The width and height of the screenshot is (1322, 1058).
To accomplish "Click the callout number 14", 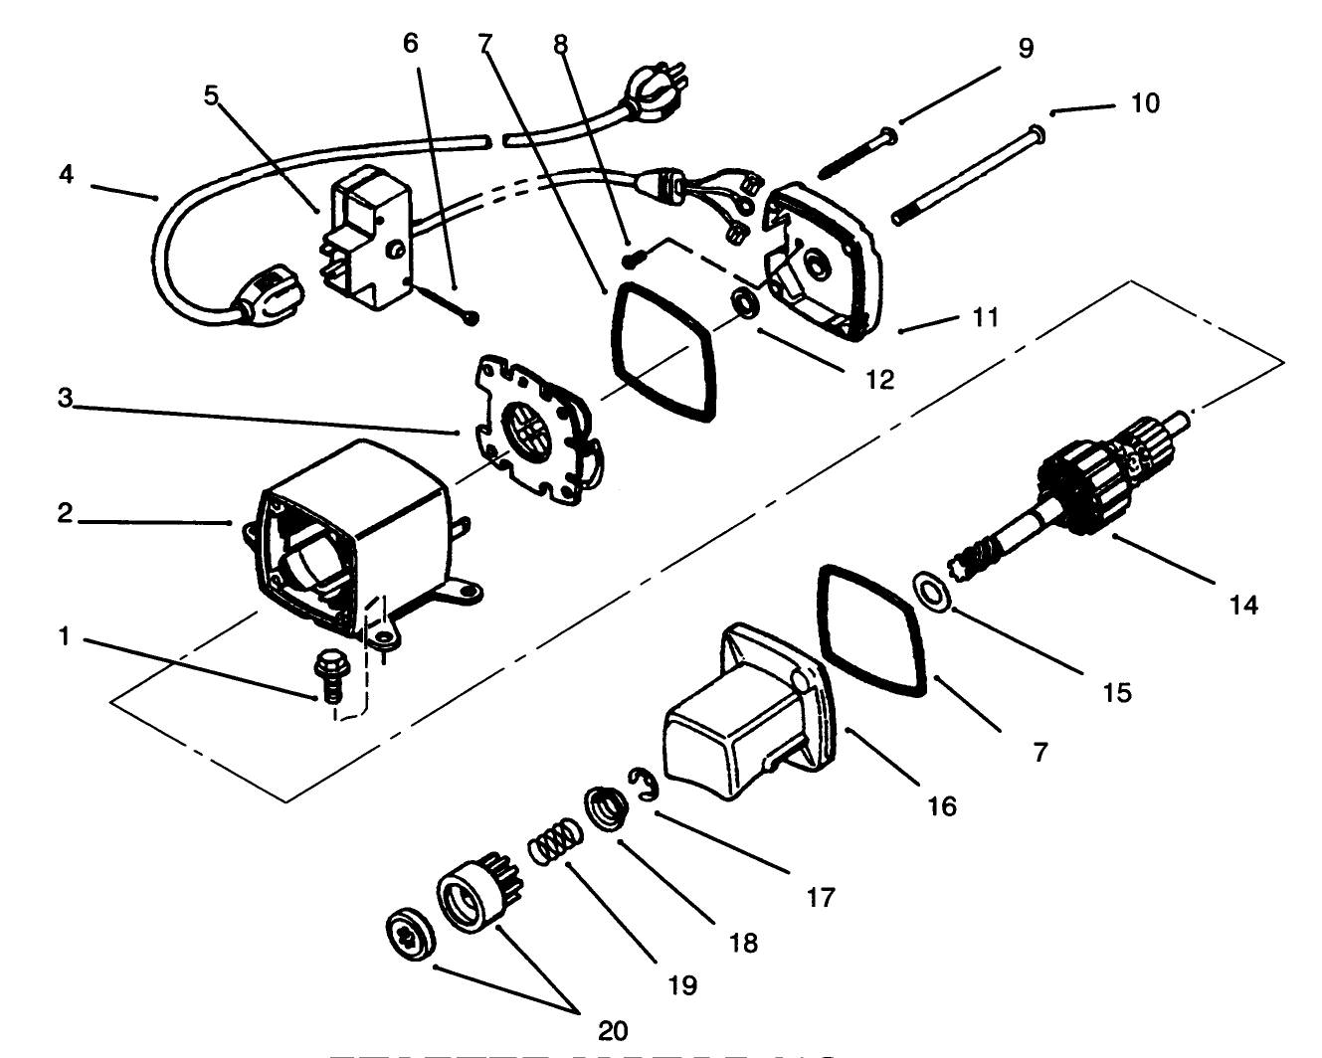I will coord(1243,604).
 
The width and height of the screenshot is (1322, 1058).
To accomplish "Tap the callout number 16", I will coord(941,805).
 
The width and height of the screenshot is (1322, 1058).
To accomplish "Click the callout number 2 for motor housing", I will coord(65,515).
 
